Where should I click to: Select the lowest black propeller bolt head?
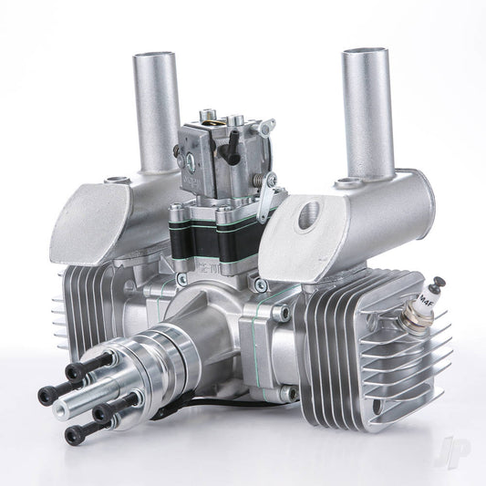[x=75, y=435]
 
